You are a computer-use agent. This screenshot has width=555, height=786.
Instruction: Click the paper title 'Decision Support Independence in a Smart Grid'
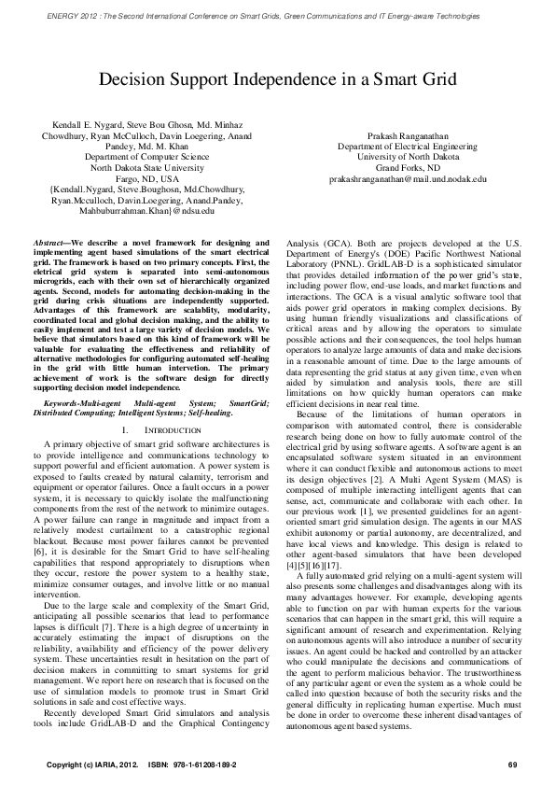coord(277,83)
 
